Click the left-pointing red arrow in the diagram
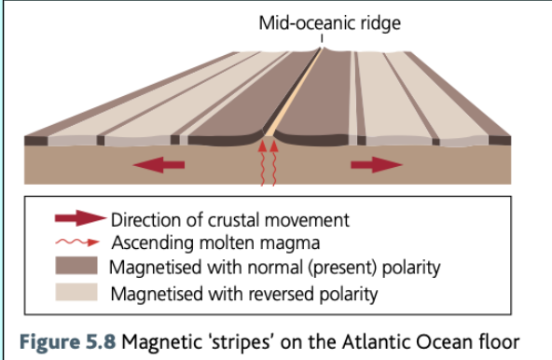pos(159,165)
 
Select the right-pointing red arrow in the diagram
pos(376,165)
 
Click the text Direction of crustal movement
pos(229,221)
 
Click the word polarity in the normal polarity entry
pos(407,270)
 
